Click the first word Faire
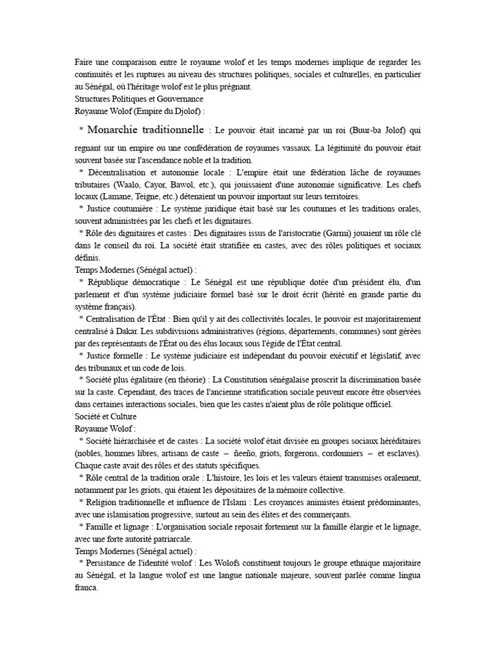pos(84,62)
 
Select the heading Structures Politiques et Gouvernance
pos(139,98)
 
